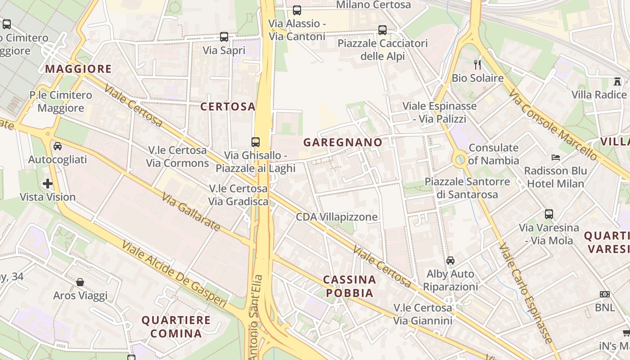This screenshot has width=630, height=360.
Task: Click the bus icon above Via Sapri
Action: tap(224, 37)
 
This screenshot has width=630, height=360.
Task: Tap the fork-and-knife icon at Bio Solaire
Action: tap(477, 65)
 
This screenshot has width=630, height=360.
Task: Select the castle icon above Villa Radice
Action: tap(617, 81)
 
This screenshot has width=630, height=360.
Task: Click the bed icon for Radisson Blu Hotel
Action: tap(556, 157)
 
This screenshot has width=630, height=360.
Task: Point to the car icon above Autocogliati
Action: tap(58, 146)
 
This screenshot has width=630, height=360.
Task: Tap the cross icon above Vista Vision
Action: tap(48, 184)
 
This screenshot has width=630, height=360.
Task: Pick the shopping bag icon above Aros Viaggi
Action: tap(80, 282)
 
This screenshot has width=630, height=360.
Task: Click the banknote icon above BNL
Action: tap(604, 294)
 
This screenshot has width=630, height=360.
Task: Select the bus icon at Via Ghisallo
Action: tap(256, 142)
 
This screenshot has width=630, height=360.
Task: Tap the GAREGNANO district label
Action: tap(343, 143)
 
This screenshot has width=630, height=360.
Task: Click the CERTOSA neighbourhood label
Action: tap(228, 107)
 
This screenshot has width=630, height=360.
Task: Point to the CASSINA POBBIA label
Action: tap(350, 286)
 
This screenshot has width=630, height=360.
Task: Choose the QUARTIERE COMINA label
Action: tap(176, 327)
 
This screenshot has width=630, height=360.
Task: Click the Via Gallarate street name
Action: tap(191, 212)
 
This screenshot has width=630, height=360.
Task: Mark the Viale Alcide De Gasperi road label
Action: tap(174, 274)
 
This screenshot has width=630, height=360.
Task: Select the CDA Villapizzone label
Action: tap(337, 217)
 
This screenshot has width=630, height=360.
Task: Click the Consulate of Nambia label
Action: tap(494, 154)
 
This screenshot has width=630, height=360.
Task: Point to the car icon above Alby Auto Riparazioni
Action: tap(450, 261)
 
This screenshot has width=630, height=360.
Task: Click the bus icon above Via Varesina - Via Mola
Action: tap(549, 214)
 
